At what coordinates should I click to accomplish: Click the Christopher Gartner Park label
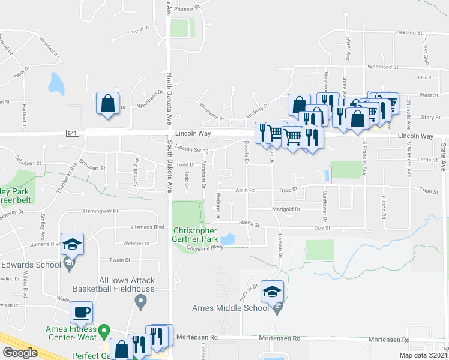click(x=195, y=235)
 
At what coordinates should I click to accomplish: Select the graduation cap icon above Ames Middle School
click(x=273, y=292)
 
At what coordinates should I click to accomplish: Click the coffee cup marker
click(x=82, y=312)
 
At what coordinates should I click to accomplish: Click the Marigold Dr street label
click(x=285, y=209)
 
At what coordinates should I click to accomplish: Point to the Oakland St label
click(x=410, y=32)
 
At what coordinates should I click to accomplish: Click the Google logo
click(x=20, y=352)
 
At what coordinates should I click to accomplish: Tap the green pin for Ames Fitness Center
click(x=104, y=330)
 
